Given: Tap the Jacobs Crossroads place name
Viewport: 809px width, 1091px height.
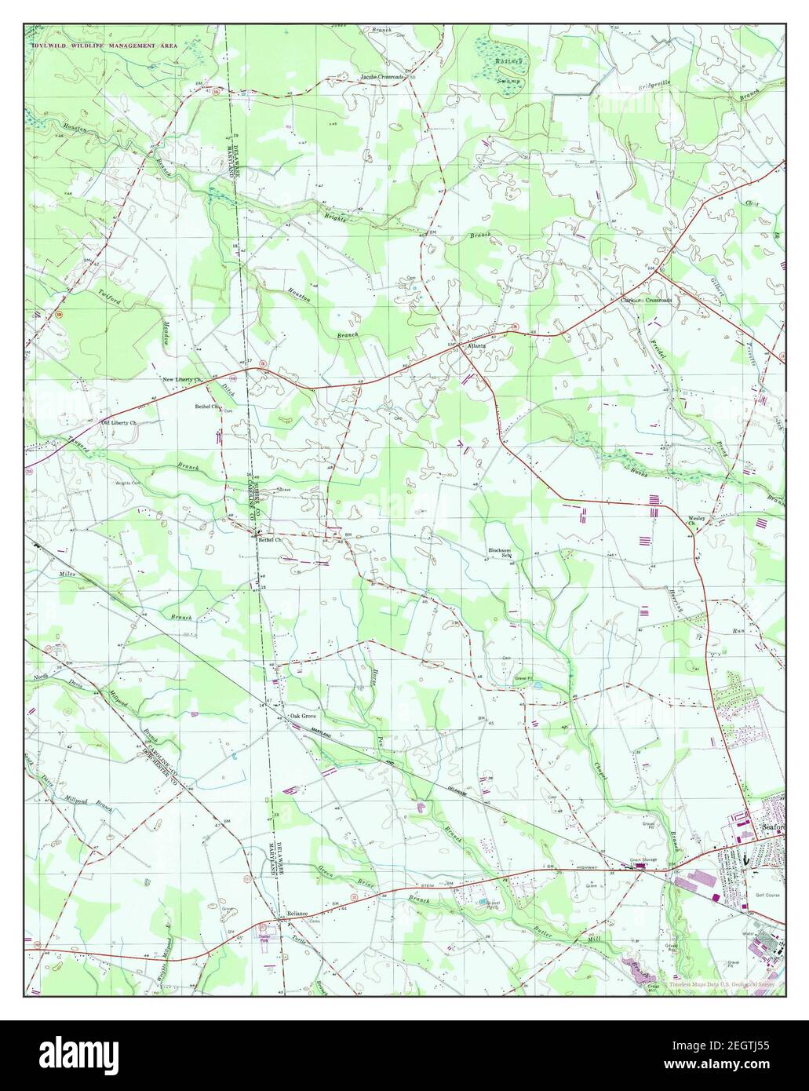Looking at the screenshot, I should (x=382, y=77).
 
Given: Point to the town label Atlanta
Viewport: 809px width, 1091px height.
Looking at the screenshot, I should (x=478, y=345).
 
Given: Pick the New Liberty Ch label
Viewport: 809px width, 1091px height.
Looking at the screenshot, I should (x=183, y=380).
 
